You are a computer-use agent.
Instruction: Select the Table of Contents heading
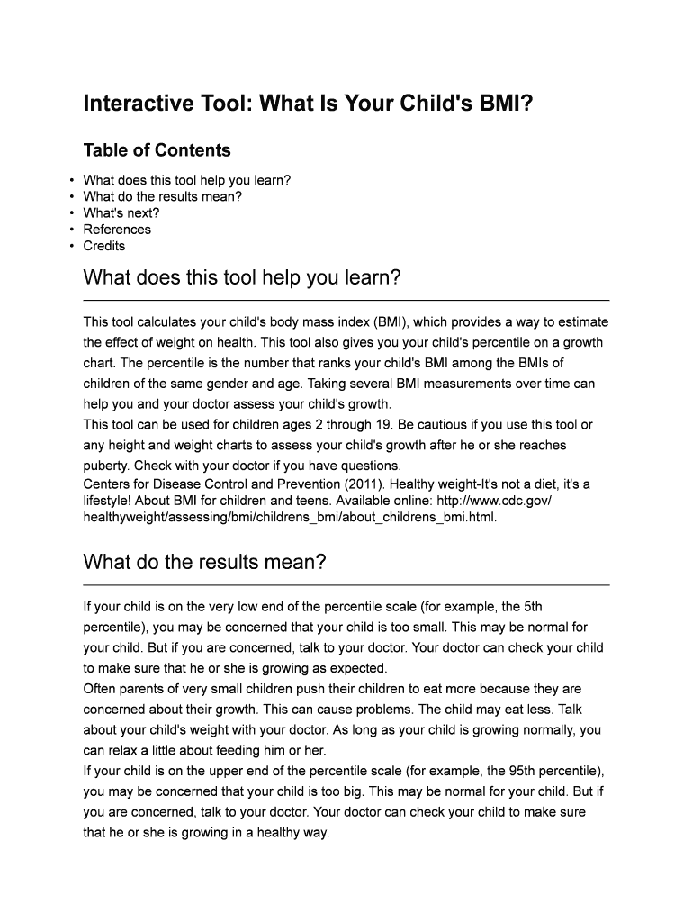[x=157, y=150]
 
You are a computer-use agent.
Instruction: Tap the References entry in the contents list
[x=117, y=230]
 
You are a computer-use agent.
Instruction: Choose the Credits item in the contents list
[x=104, y=246]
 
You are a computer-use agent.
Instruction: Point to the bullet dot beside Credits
[x=71, y=246]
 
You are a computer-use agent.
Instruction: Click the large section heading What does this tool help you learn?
[x=241, y=278]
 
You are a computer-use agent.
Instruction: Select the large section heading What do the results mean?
[x=204, y=563]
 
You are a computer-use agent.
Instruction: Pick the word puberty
[x=107, y=466]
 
